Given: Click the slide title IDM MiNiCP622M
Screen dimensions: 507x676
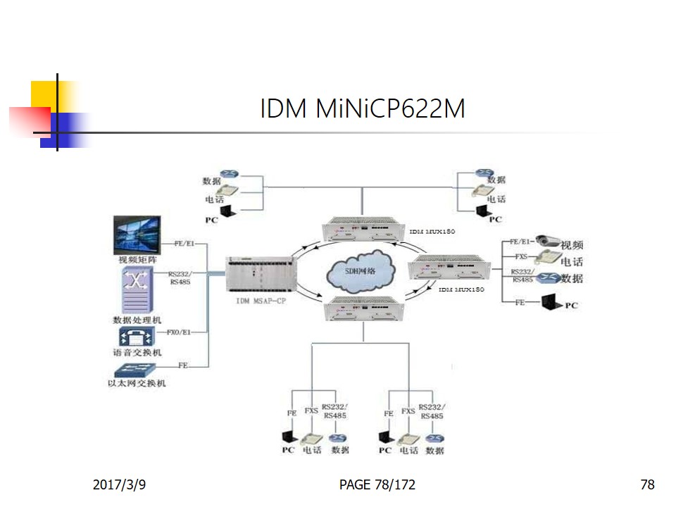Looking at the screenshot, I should pyautogui.click(x=363, y=109).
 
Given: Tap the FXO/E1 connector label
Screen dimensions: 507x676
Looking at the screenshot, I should pyautogui.click(x=177, y=331).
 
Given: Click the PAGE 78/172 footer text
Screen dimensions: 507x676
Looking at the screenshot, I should pyautogui.click(x=377, y=484).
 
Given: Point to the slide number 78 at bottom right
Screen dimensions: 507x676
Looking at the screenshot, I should pyautogui.click(x=647, y=484).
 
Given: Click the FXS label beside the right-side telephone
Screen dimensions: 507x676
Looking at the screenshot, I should pyautogui.click(x=521, y=257).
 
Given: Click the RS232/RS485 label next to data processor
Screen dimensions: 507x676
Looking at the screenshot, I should pyautogui.click(x=179, y=277).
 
